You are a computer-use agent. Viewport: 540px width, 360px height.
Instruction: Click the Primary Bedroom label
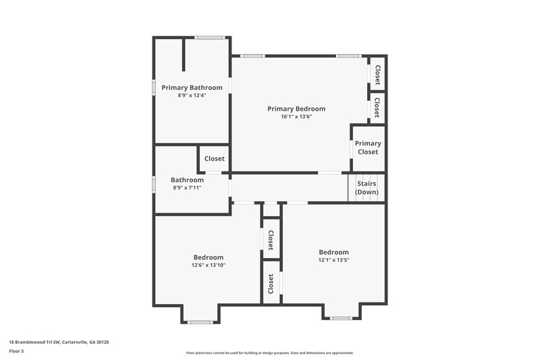pyautogui.click(x=296, y=109)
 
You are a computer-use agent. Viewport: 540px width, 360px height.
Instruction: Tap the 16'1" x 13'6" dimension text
pyautogui.click(x=296, y=117)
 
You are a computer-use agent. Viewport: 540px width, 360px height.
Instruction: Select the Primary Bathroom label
pyautogui.click(x=192, y=88)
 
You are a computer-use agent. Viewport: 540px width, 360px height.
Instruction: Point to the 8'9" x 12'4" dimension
pyautogui.click(x=192, y=96)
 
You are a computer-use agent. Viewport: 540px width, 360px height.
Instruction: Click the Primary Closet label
pyautogui.click(x=368, y=147)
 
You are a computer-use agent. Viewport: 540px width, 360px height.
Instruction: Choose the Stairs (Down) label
pyautogui.click(x=367, y=188)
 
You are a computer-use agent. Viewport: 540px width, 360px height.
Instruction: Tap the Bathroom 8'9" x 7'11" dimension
pyautogui.click(x=187, y=188)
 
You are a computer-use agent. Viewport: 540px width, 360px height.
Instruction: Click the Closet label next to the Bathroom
pyautogui.click(x=214, y=159)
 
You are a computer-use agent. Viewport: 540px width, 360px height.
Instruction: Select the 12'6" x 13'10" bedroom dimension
pyautogui.click(x=209, y=265)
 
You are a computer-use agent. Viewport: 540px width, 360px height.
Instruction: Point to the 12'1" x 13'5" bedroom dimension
pyautogui.click(x=334, y=260)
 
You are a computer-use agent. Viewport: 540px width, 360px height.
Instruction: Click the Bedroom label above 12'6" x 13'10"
pyautogui.click(x=209, y=257)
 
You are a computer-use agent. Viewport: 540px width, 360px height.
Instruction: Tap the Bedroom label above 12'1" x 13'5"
pyautogui.click(x=334, y=252)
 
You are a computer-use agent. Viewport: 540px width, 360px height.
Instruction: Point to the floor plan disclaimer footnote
pyautogui.click(x=270, y=353)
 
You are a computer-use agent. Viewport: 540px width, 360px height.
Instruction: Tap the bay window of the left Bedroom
pyautogui.click(x=200, y=322)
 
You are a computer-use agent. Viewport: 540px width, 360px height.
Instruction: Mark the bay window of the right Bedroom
pyautogui.click(x=342, y=317)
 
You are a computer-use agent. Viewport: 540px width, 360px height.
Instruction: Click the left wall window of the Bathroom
pyautogui.click(x=155, y=183)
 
